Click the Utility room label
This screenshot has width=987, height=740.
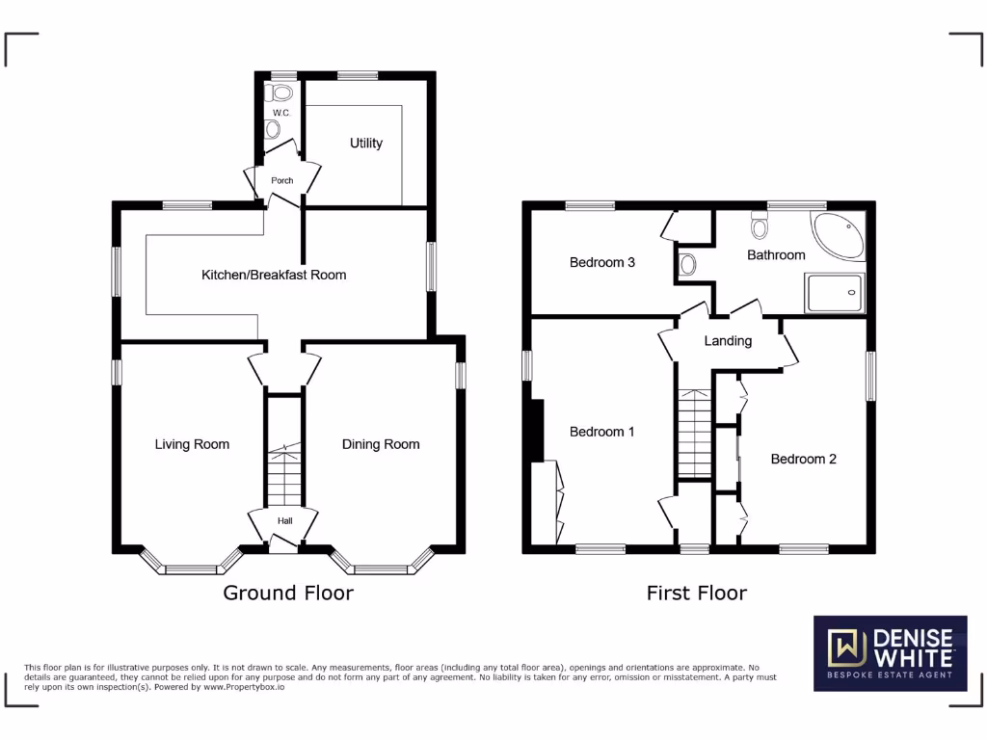coord(366,143)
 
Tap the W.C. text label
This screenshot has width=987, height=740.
coord(280,113)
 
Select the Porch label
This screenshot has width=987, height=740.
coord(281,180)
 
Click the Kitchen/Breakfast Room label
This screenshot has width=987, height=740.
coord(273,275)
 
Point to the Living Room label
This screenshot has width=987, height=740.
coord(192,444)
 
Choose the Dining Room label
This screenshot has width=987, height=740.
coord(381,444)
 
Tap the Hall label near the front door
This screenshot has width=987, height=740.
coord(284,520)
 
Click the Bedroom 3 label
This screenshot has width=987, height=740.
coord(601,262)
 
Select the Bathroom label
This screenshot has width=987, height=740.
coord(776,254)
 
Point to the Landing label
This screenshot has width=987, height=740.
coord(728,340)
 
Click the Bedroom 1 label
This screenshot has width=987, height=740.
coord(601,432)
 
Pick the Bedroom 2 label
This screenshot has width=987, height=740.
coord(803,459)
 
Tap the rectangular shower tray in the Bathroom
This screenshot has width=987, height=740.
coord(836,292)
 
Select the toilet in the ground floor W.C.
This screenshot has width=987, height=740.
coord(281,92)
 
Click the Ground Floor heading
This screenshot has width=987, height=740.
coord(288,593)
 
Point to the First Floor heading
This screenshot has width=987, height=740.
coord(696,593)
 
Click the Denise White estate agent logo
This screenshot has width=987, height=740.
coord(890,652)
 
